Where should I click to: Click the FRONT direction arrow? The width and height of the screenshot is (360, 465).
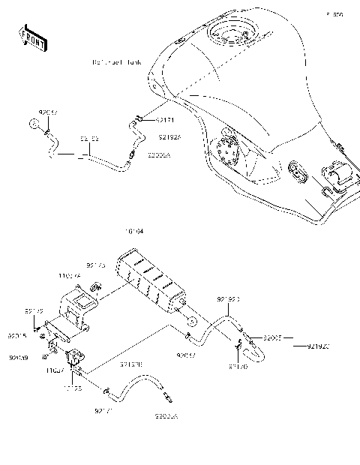(31, 37)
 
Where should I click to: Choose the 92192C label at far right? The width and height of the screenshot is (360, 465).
(318, 346)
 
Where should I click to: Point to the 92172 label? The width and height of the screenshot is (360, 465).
(34, 311)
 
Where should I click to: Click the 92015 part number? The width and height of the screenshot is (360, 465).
(18, 336)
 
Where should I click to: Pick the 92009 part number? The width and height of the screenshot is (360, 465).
(19, 358)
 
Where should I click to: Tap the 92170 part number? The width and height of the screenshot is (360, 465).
(237, 367)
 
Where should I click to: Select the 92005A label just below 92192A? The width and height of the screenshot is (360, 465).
(158, 156)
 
